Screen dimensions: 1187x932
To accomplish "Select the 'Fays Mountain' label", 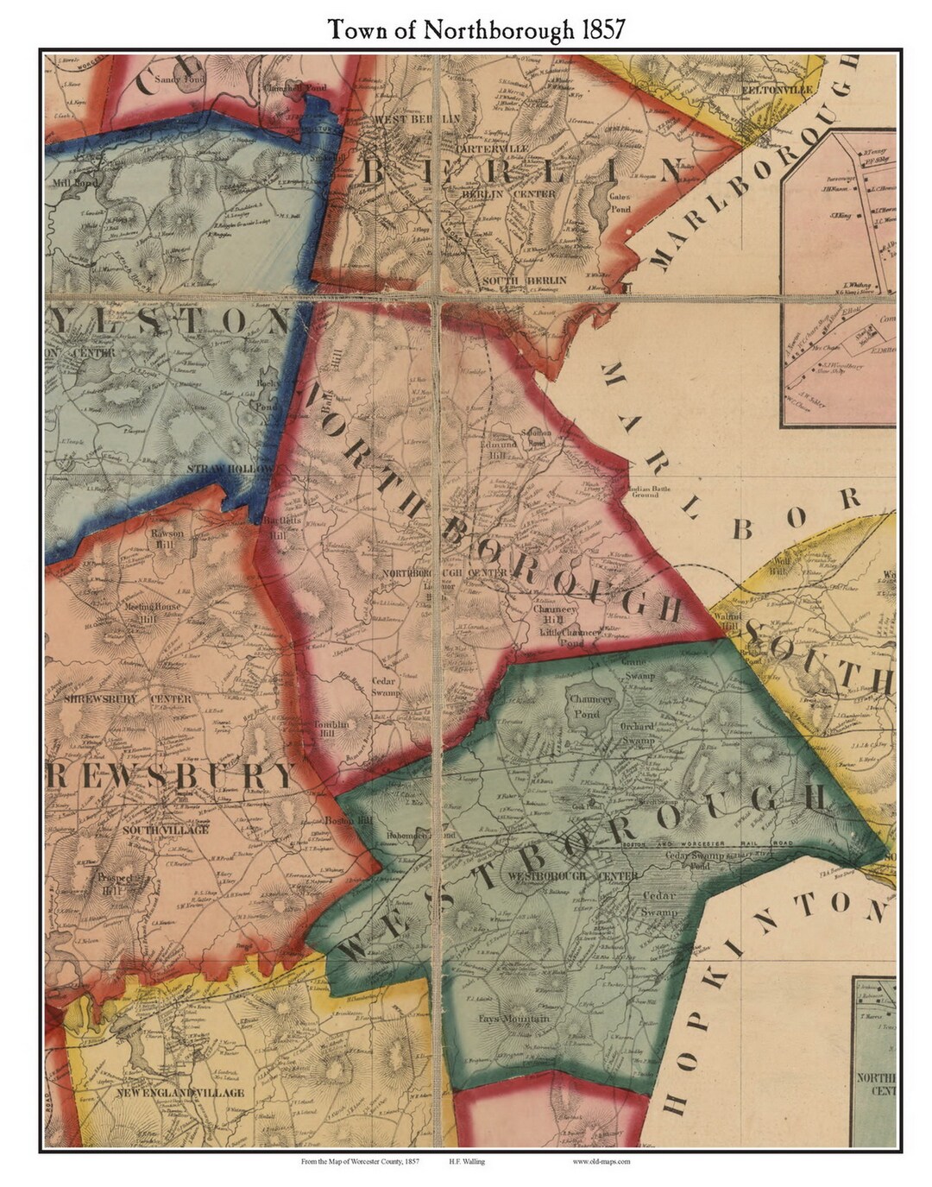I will [514, 1019].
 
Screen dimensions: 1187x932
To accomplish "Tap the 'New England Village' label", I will [180, 1092].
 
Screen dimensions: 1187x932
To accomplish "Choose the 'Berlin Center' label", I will [509, 194].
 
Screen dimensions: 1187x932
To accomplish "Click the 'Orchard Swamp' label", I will [637, 734].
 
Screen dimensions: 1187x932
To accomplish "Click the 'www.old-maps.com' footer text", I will [601, 1161].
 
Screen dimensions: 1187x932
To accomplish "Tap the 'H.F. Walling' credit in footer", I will [466, 1161].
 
